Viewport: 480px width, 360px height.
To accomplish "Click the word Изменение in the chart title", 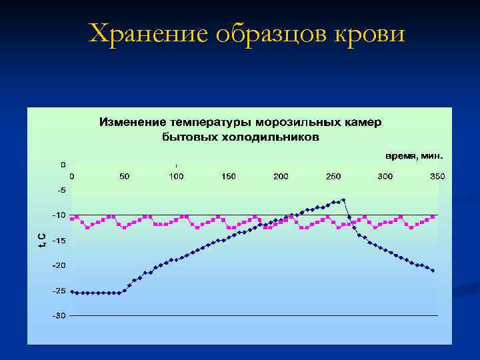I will point(132,123).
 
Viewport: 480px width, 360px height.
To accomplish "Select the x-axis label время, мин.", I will point(414,156).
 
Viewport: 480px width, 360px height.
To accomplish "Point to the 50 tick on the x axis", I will point(124,176).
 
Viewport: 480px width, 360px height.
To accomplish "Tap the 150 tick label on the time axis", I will point(229,176).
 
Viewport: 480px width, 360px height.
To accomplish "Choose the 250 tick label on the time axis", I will point(333,176).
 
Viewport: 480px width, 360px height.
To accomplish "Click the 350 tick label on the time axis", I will point(437,176).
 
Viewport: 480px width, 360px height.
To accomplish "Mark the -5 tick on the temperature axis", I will point(61,190).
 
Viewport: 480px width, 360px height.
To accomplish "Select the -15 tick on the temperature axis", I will point(60,240).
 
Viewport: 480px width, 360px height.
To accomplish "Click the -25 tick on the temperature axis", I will point(60,291).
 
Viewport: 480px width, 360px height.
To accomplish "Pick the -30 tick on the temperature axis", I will point(60,315).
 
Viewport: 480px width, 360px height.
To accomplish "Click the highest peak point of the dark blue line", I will point(344,199).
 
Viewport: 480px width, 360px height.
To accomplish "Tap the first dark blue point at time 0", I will point(72,292).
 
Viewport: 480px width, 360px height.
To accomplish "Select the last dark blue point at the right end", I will point(433,271).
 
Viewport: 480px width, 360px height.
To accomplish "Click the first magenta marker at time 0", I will point(72,217).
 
